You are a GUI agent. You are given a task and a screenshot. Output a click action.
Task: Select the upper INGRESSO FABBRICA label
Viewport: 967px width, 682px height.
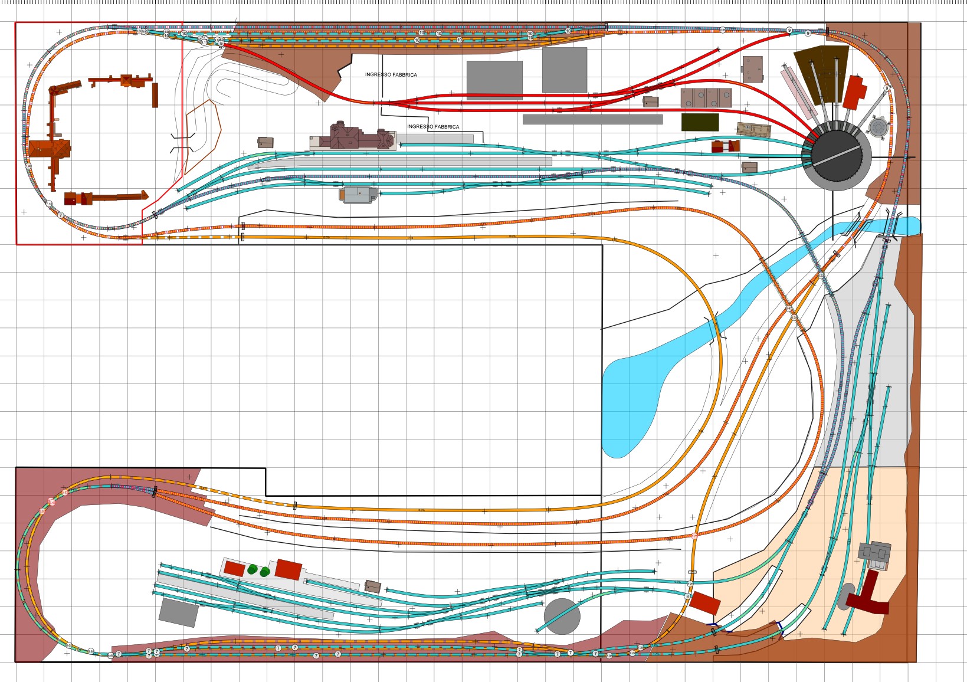(391, 75)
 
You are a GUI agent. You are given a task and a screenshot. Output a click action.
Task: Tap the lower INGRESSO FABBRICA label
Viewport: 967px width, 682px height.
(433, 127)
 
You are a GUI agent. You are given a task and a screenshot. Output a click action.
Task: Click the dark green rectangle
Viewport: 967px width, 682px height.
(700, 122)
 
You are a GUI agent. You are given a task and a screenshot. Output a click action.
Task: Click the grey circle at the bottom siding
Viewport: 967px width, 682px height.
(562, 617)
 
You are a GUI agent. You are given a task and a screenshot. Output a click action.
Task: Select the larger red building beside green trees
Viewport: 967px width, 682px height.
(289, 569)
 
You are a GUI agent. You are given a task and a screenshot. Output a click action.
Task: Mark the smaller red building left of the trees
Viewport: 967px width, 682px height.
(234, 569)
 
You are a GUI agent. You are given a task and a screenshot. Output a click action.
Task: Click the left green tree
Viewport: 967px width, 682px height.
(253, 569)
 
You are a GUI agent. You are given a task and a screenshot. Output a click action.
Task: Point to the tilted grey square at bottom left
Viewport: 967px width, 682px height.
(179, 612)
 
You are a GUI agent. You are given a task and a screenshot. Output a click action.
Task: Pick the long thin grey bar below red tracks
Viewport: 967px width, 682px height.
(592, 119)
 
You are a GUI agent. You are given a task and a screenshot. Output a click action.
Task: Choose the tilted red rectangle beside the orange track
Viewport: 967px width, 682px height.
(705, 603)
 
